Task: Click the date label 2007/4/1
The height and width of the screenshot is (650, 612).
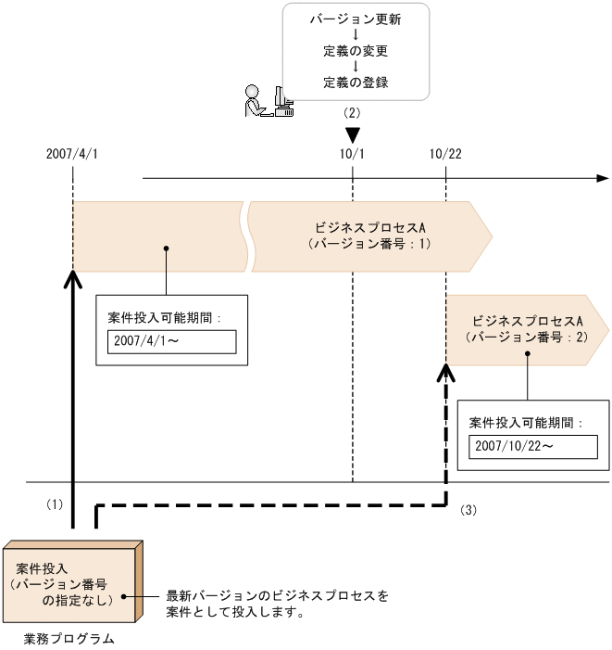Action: [71, 153]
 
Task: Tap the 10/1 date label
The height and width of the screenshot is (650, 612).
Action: [353, 153]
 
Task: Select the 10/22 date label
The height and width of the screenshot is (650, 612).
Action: [446, 153]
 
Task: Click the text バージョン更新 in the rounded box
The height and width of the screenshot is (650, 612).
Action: [356, 19]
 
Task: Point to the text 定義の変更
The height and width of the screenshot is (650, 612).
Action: [356, 50]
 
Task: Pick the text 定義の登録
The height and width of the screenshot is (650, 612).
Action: [356, 82]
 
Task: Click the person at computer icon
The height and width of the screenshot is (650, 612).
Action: [269, 100]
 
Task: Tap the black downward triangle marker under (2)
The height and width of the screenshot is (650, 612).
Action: [353, 135]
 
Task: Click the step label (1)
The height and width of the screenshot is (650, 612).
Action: [54, 504]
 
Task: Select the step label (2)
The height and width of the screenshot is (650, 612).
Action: [352, 112]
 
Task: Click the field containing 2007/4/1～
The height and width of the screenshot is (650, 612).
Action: [171, 341]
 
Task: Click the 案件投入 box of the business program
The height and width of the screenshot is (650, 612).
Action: [69, 585]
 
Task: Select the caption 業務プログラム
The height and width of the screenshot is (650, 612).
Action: [69, 638]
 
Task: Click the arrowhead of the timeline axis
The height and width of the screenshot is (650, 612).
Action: [603, 178]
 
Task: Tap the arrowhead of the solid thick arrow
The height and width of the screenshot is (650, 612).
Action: [71, 278]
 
